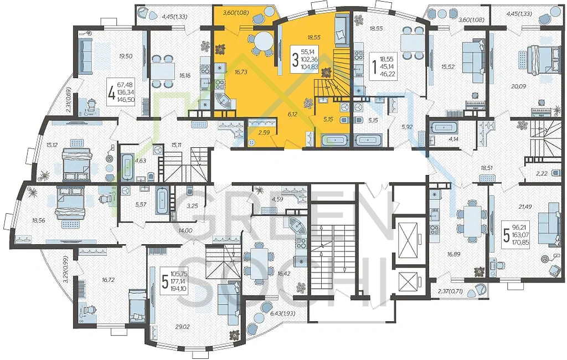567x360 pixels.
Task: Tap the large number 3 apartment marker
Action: pos(295,60)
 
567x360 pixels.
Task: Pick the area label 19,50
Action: pos(126,56)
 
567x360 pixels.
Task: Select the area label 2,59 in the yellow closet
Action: pos(264,132)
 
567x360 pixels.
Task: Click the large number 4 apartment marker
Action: pos(112,92)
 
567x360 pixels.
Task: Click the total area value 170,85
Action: pos(520,243)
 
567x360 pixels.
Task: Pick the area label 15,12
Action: pos(52,145)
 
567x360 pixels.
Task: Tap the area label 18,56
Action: pos(38,220)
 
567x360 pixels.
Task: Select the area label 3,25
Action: pos(192,206)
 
